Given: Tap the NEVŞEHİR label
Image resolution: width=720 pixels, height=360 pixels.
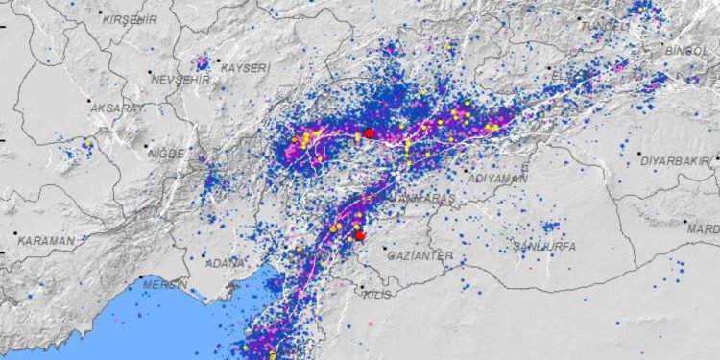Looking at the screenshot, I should pos(179,78).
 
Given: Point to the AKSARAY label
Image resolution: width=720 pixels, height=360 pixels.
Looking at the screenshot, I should pos(115,109).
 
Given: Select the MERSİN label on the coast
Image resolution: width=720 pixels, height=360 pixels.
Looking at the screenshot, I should pos(162,284).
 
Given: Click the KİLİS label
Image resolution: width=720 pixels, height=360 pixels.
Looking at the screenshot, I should pos(378,295).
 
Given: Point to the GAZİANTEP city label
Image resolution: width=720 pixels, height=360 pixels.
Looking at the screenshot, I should pos(419,256).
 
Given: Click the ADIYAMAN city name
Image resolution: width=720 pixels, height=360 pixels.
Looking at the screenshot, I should pos(495,179).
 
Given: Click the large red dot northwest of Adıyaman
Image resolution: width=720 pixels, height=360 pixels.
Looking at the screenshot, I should pos(369,132).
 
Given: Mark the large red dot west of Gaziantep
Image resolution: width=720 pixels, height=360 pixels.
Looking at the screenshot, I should pos(360,235).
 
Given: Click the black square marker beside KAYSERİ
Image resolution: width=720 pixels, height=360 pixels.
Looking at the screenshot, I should pos(216,67).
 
